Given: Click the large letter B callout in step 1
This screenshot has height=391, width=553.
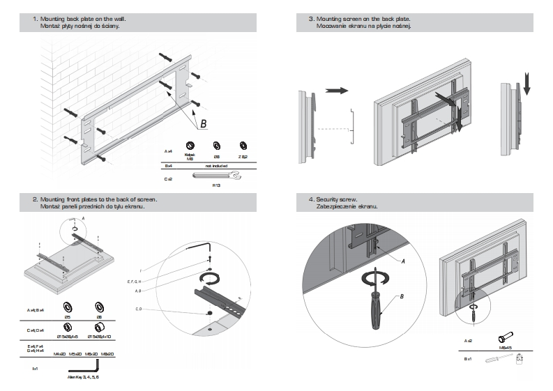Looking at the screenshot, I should [x=204, y=124].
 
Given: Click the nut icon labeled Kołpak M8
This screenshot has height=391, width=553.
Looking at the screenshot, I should [x=189, y=146].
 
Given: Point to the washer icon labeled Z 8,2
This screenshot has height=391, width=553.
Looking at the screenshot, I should [x=243, y=146].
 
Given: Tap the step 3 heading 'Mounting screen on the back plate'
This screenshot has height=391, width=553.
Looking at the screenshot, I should [x=363, y=18].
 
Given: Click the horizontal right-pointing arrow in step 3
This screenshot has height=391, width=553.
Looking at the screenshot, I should [x=337, y=91].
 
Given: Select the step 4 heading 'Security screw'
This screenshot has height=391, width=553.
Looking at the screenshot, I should [x=338, y=199].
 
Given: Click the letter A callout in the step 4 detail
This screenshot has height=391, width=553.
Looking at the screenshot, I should [x=402, y=259].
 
